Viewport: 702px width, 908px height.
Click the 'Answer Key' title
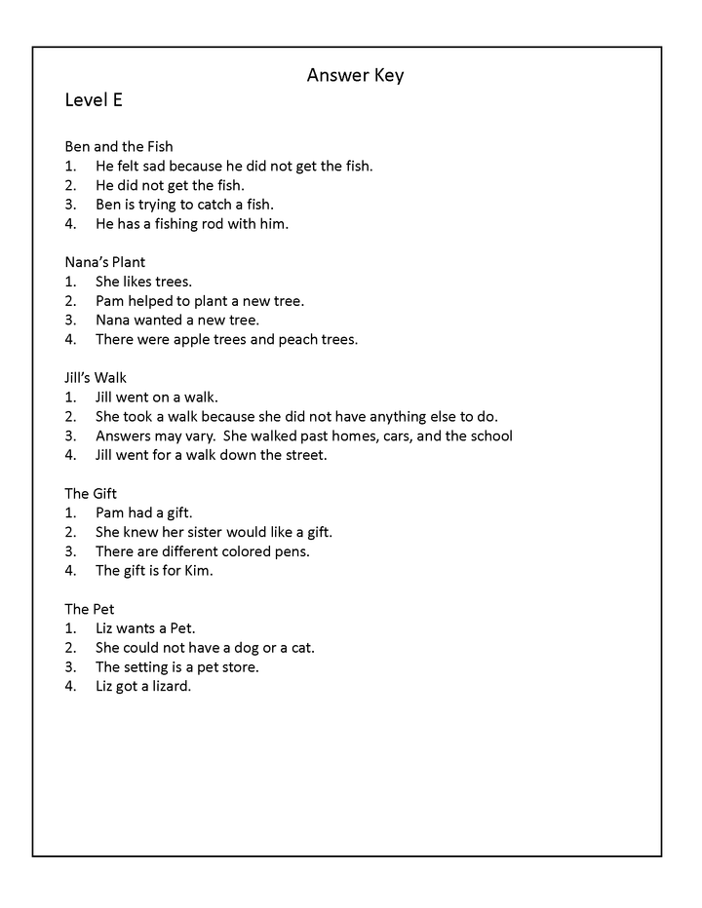pos(355,75)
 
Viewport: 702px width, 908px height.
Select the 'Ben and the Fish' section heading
pos(118,146)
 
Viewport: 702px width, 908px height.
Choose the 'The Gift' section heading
pos(91,493)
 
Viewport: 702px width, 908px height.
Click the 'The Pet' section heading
pos(90,609)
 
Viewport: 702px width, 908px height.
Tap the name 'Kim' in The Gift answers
pos(197,570)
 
